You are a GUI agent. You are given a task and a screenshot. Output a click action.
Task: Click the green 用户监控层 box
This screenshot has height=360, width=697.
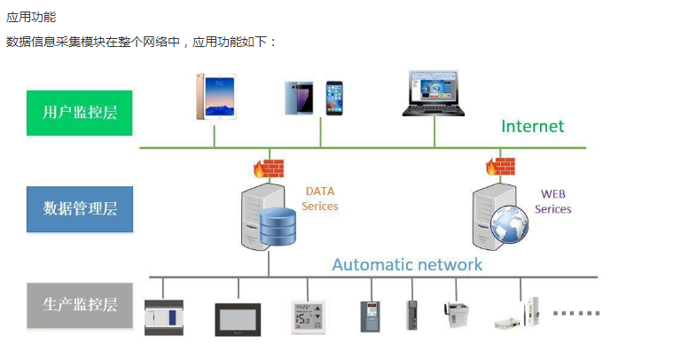(x=79, y=113)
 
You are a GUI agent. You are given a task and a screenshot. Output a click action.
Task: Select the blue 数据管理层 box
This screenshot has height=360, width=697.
(x=79, y=209)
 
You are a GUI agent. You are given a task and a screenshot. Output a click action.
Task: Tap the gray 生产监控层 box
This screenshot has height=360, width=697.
(x=79, y=305)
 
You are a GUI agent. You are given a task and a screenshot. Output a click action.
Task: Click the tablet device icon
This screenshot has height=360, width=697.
(x=215, y=96)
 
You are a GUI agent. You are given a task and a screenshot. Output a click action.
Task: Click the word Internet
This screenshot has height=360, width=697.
(x=532, y=126)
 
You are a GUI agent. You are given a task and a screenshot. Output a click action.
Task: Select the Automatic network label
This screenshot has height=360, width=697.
(x=407, y=264)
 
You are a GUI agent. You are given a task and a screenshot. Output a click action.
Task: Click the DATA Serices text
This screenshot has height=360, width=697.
(x=320, y=199)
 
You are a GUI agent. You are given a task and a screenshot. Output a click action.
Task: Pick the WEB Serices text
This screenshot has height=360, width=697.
(x=553, y=201)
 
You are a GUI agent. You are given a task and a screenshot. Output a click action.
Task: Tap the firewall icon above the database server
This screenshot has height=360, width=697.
(x=268, y=168)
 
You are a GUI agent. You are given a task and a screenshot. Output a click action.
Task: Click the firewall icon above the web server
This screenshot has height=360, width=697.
(x=500, y=166)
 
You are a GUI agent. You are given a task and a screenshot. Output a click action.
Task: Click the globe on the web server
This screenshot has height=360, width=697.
(x=510, y=223)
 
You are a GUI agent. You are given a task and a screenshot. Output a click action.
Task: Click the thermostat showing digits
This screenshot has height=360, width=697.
(x=307, y=317)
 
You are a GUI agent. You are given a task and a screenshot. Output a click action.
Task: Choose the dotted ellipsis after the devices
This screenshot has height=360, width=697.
(x=576, y=312)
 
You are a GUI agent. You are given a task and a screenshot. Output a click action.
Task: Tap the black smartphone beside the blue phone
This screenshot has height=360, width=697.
(x=334, y=98)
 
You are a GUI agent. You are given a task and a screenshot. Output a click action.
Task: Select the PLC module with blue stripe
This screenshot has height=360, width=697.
(x=164, y=317)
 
